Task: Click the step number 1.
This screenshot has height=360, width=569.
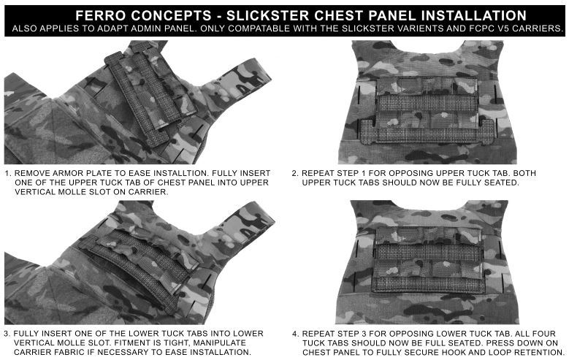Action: pyautogui.click(x=7, y=174)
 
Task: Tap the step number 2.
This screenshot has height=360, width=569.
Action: pyautogui.click(x=295, y=174)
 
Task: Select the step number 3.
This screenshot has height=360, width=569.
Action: pyautogui.click(x=7, y=333)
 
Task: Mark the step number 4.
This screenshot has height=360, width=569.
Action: pyautogui.click(x=295, y=333)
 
